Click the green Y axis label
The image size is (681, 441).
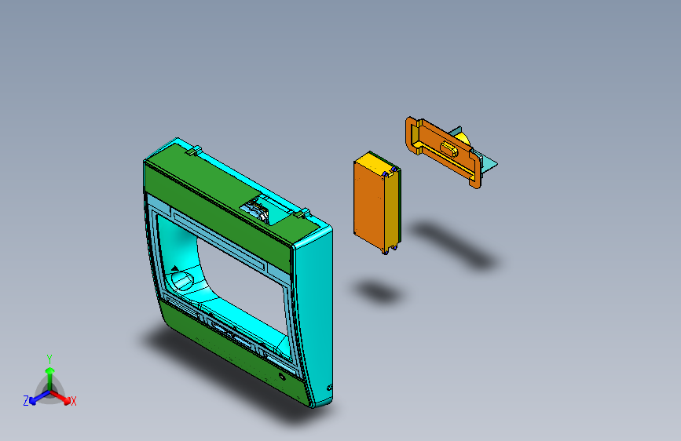[x=49, y=358]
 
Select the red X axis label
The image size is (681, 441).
[x=74, y=402]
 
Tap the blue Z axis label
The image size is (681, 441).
[x=26, y=401]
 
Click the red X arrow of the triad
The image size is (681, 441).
[x=64, y=397]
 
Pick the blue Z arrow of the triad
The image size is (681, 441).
[x=35, y=398]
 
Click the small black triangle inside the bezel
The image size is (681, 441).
[x=174, y=268]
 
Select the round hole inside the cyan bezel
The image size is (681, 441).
[x=181, y=280]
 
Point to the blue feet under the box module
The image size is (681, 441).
[x=386, y=250]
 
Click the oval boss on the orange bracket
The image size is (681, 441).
[x=450, y=148]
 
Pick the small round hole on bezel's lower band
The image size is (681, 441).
[x=282, y=377]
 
